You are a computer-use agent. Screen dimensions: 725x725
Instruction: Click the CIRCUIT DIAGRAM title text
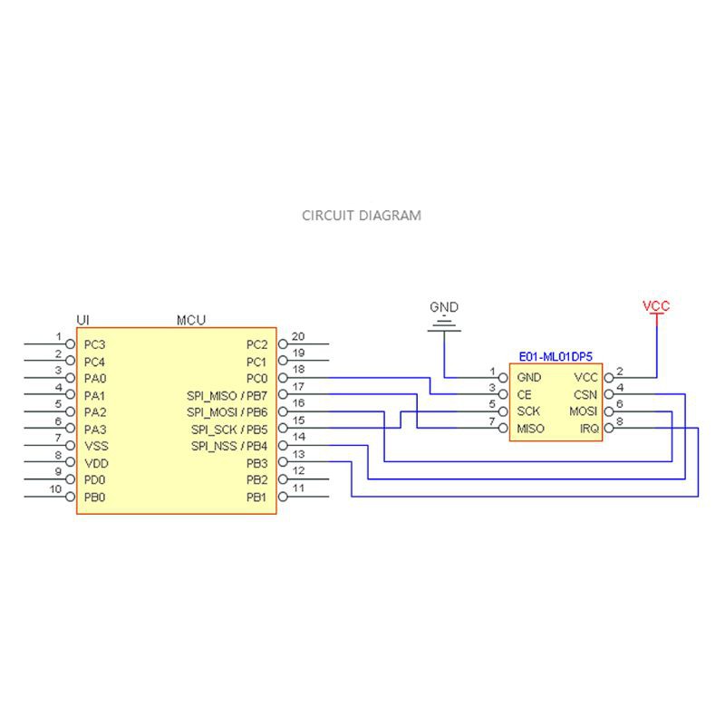click(x=361, y=216)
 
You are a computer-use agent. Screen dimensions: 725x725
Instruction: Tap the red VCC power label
click(x=655, y=306)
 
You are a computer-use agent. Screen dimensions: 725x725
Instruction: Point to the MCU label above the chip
click(x=190, y=320)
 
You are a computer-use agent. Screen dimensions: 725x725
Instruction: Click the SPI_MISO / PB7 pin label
click(x=227, y=395)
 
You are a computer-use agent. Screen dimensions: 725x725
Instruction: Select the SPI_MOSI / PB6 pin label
click(x=227, y=412)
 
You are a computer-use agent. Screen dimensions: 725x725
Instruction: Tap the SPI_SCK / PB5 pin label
click(x=229, y=430)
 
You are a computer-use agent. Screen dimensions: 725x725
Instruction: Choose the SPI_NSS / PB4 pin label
click(x=229, y=446)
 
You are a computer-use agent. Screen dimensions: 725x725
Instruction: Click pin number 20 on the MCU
click(x=297, y=336)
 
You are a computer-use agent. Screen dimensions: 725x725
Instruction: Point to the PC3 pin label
click(x=94, y=344)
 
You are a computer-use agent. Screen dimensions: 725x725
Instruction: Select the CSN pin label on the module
click(x=585, y=395)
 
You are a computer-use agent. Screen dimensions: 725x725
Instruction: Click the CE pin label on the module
click(x=524, y=395)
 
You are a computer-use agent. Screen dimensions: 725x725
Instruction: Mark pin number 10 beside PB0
click(x=55, y=489)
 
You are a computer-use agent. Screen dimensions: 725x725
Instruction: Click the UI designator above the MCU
click(x=83, y=320)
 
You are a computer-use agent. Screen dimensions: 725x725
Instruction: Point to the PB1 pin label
click(x=256, y=498)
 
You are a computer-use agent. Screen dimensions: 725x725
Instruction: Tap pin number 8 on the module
click(x=620, y=422)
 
